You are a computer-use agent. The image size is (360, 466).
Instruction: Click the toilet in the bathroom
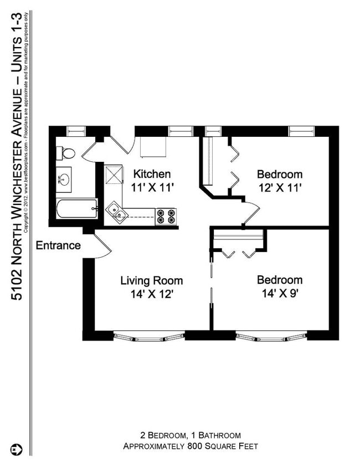click(66, 153)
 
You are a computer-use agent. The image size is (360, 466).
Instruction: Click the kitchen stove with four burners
click(166, 216)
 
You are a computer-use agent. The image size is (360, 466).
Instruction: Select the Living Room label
click(151, 280)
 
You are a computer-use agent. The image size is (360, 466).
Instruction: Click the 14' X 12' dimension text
click(151, 294)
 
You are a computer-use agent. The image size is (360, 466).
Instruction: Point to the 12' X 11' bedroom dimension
click(280, 187)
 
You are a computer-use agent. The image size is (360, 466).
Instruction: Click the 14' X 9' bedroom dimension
click(280, 294)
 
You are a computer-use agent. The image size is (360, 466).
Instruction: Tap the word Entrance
click(58, 245)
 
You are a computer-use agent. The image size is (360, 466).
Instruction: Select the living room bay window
click(148, 336)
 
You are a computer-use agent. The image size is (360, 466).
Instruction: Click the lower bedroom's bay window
click(271, 336)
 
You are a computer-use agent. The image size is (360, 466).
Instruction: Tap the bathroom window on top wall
click(75, 131)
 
